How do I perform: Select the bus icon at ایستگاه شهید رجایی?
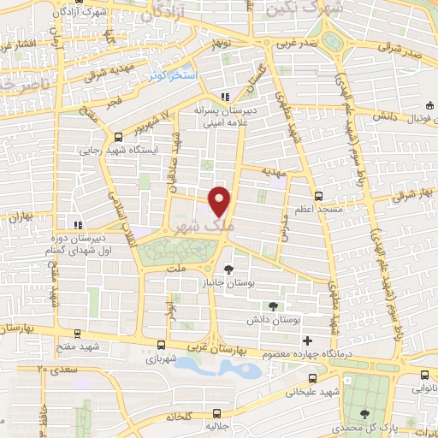click(x=117, y=137)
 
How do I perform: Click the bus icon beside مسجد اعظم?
click(x=318, y=195)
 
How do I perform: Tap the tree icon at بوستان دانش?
click(x=273, y=306)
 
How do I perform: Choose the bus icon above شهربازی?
click(x=162, y=345)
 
